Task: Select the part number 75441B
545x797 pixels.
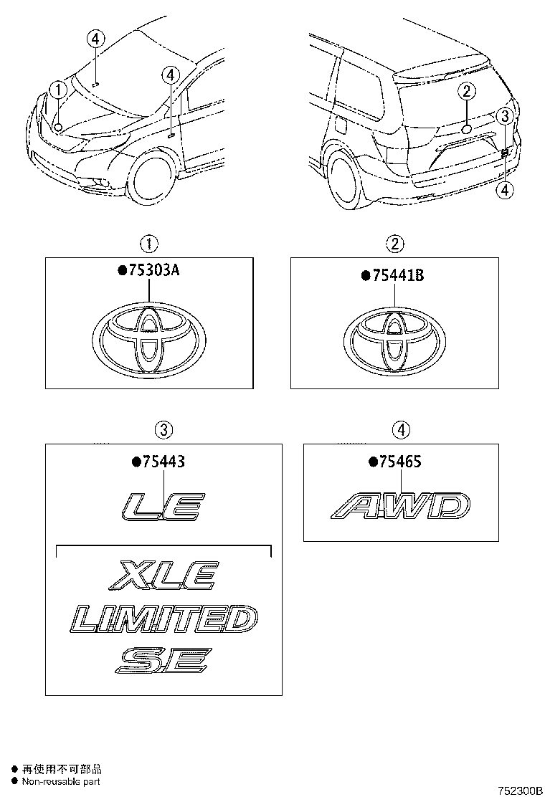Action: pyautogui.click(x=397, y=275)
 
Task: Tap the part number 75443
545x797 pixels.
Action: pyautogui.click(x=162, y=462)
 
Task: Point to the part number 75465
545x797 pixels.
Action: pyautogui.click(x=399, y=462)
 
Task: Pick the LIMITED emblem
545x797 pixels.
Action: pyautogui.click(x=164, y=619)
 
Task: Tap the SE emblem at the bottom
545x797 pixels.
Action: pyautogui.click(x=163, y=660)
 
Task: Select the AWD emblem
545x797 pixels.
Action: pyautogui.click(x=400, y=506)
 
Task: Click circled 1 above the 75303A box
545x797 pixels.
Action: pyautogui.click(x=149, y=244)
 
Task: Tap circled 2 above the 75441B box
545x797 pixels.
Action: pyautogui.click(x=394, y=244)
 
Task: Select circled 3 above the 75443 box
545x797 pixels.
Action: pyautogui.click(x=163, y=430)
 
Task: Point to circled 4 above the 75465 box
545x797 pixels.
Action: pyautogui.click(x=400, y=430)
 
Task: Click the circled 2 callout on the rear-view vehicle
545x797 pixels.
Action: pyautogui.click(x=466, y=91)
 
